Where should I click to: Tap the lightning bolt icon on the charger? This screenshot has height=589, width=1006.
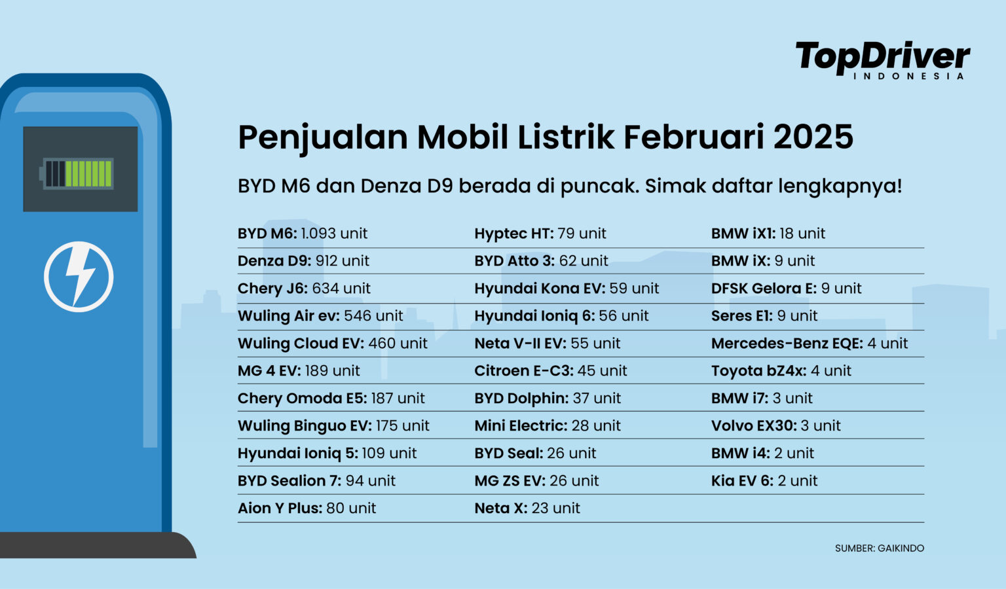[79, 277]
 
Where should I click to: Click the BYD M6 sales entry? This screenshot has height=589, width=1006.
[302, 234]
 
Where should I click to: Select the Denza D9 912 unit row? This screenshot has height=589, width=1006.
[303, 261]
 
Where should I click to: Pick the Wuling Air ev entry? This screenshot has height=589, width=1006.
[320, 315]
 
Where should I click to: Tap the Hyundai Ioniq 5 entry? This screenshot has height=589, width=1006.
[327, 454]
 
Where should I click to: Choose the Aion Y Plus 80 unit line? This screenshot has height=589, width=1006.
[307, 509]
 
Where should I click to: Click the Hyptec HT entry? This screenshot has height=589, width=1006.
[540, 234]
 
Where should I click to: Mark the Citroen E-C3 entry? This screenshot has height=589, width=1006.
[551, 371]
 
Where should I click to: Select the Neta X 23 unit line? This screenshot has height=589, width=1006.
[527, 509]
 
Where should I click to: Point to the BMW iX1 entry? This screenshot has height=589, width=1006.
[768, 234]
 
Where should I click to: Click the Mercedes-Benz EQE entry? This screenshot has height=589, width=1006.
[810, 344]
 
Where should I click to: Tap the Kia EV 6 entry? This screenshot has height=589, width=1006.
[764, 481]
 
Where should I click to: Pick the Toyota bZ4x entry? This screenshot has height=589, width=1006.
[781, 371]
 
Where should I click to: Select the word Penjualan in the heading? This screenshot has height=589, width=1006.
[323, 138]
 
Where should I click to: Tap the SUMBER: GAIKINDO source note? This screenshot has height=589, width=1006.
[880, 548]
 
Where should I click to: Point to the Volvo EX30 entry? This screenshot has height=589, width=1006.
[775, 425]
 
